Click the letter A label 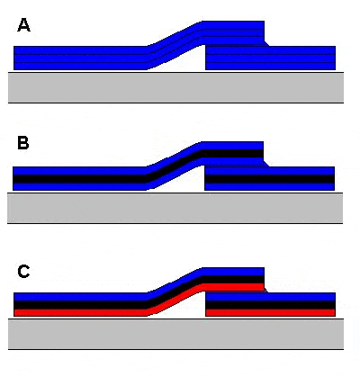(x=23, y=25)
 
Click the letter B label (x=23, y=143)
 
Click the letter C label (x=23, y=272)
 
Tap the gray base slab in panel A (x=175, y=87)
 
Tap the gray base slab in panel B (x=175, y=208)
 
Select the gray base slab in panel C (x=175, y=334)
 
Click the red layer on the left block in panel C (x=80, y=312)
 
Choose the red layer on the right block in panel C (x=270, y=312)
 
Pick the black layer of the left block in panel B (x=79, y=179)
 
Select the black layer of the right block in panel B (x=269, y=179)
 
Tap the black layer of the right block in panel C (x=270, y=305)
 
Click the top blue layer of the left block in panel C (x=80, y=297)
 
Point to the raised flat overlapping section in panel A (x=233, y=33)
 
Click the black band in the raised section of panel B (x=232, y=153)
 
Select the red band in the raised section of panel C (x=233, y=287)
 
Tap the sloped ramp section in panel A (x=175, y=46)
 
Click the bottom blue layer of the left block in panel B (x=79, y=186)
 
